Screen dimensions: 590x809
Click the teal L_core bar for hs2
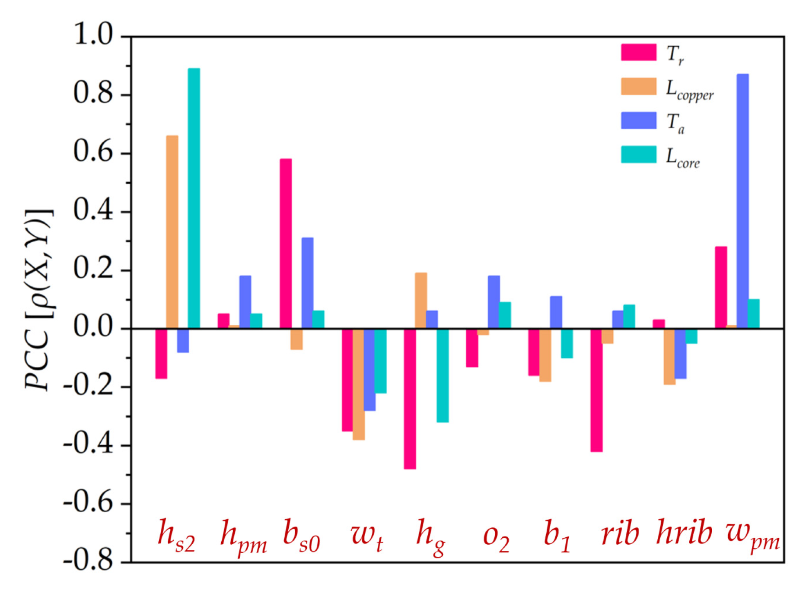(194, 199)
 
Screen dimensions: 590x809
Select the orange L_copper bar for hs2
(172, 232)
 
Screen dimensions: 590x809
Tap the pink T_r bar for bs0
(286, 244)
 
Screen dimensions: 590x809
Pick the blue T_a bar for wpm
(742, 202)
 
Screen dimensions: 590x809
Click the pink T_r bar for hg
(410, 399)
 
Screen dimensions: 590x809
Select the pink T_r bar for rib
(596, 390)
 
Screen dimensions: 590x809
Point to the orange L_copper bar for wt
(359, 384)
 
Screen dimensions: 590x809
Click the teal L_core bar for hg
(443, 375)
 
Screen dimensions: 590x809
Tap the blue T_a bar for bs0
(307, 283)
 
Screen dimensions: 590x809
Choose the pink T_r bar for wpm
(721, 288)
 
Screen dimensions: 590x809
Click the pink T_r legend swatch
(638, 52)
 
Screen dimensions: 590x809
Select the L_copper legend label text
(689, 90)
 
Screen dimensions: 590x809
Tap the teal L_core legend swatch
(638, 155)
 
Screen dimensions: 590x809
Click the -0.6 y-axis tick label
(88, 503)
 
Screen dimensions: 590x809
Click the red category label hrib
(684, 533)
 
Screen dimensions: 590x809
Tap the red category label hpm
(243, 537)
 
